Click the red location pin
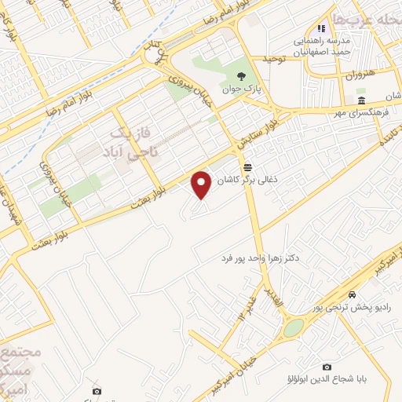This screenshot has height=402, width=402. pyautogui.click(x=202, y=185)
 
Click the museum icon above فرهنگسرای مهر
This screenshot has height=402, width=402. pyautogui.click(x=360, y=101)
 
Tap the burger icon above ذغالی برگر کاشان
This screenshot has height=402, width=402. pyautogui.click(x=248, y=166)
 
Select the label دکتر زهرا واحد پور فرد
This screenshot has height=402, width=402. pyautogui.click(x=268, y=258)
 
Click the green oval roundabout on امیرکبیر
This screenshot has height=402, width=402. pyautogui.click(x=293, y=327)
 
